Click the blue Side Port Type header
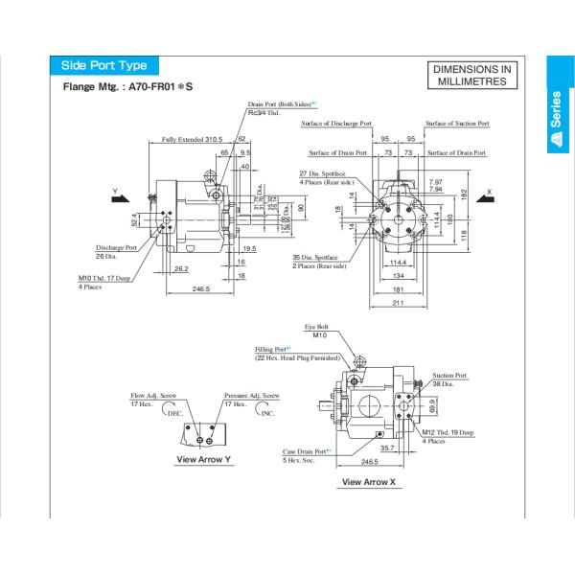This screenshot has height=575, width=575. click(103, 65)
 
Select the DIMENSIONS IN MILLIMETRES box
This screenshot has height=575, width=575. click(472, 76)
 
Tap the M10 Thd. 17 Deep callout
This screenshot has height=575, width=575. click(103, 279)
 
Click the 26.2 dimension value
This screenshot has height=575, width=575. click(180, 268)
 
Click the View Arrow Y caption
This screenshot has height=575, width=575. click(203, 459)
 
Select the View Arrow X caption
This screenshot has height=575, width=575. click(367, 482)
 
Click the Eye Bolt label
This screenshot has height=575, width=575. click(317, 327)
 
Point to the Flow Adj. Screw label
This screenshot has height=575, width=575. click(152, 395)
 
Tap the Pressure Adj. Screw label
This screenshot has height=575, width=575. click(252, 395)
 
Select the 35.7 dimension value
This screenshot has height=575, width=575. click(387, 447)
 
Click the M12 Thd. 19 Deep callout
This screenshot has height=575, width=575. click(448, 433)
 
